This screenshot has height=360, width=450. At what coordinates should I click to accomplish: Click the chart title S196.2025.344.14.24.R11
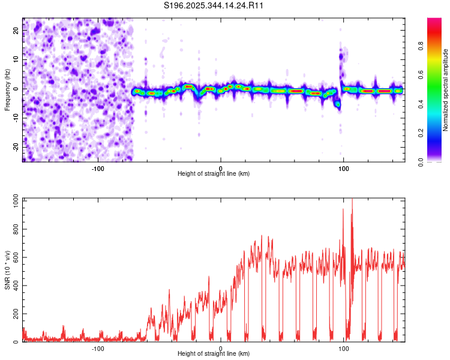(214, 5)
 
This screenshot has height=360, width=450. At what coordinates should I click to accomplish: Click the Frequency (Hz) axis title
(7, 89)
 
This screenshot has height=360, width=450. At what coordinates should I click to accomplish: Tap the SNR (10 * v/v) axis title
(8, 270)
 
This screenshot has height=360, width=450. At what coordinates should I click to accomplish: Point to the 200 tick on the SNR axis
(14, 314)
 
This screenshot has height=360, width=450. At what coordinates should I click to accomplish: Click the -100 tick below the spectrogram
(98, 168)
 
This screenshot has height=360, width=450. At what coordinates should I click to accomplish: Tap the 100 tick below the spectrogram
(344, 168)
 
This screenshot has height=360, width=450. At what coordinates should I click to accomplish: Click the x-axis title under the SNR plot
(214, 354)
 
